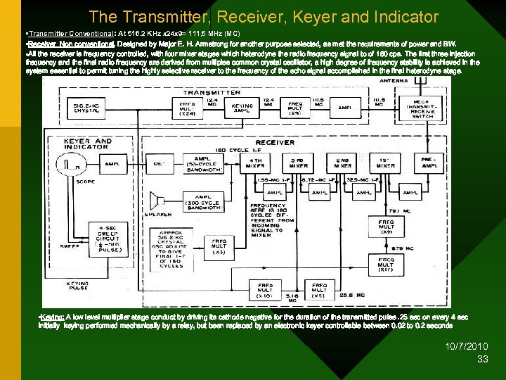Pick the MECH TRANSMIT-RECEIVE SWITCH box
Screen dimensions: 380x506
point(426,108)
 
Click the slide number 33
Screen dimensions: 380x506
point(482,360)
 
